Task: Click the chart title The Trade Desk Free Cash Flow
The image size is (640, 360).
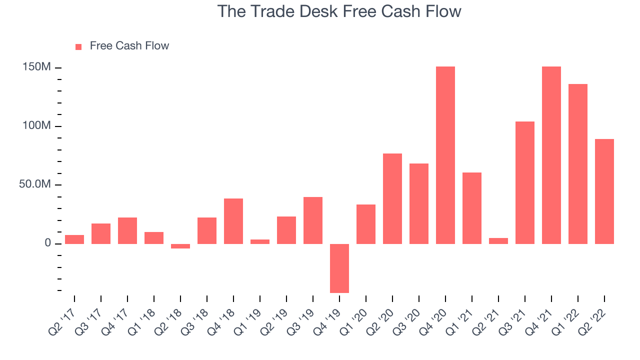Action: (339, 11)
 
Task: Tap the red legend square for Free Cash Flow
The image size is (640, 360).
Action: (78, 47)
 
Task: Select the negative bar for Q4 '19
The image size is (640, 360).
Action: (339, 268)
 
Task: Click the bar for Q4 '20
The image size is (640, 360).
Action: (445, 155)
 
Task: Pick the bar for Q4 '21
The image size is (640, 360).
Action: (551, 155)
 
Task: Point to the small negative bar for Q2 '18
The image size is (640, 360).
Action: (180, 246)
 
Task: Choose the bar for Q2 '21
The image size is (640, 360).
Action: (498, 241)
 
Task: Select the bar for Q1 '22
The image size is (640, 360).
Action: (578, 164)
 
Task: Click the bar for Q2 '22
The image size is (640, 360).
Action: (604, 191)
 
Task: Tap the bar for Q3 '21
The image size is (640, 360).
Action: (525, 183)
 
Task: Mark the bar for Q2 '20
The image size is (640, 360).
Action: (392, 199)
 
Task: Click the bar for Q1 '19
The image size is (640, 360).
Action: (260, 241)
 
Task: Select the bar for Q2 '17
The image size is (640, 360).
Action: (74, 239)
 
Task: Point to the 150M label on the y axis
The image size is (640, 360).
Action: (36, 67)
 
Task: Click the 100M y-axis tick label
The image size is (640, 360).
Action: (36, 125)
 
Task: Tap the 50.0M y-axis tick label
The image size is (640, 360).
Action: (35, 184)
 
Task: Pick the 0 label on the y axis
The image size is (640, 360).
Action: (47, 243)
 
